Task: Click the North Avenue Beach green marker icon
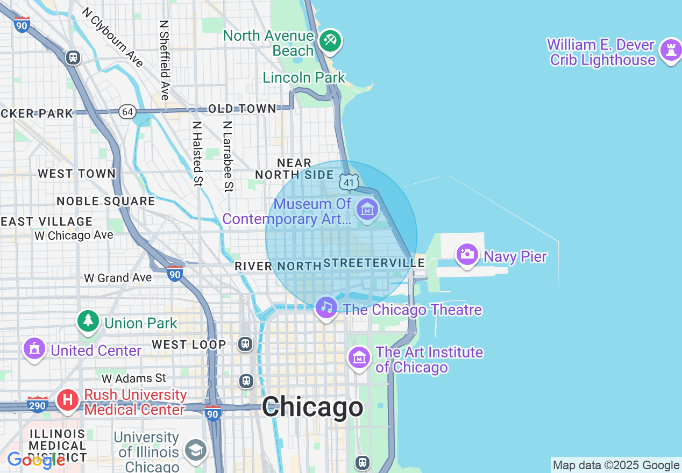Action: tap(330, 41)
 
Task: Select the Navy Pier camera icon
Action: tap(467, 254)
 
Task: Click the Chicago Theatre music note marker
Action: tap(326, 307)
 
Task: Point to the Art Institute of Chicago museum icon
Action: tap(359, 357)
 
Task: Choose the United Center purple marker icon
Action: tap(34, 349)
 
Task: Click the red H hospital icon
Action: tap(68, 400)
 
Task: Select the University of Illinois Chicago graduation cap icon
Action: tap(195, 450)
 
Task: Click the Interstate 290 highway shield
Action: tap(37, 404)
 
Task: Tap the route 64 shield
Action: tap(127, 112)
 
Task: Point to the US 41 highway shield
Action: tap(349, 182)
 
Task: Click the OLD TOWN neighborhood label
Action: tap(242, 109)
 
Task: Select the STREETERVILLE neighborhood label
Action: tap(374, 263)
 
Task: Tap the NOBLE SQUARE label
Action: tap(106, 201)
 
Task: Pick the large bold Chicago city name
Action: tap(312, 407)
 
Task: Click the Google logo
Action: tap(36, 460)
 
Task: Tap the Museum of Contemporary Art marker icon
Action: tap(367, 209)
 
